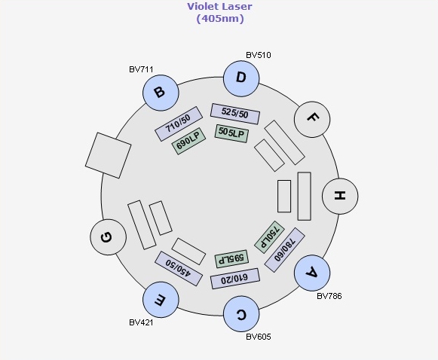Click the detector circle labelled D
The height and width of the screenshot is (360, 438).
[241, 78]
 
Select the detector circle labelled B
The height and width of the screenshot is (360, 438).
[161, 93]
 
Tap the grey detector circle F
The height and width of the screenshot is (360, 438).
[312, 119]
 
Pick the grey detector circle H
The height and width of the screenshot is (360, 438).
[340, 196]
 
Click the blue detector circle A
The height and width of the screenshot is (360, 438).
[312, 273]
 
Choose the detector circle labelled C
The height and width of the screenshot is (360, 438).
[241, 313]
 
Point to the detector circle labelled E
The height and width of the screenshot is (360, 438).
[161, 300]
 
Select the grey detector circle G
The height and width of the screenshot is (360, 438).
[108, 237]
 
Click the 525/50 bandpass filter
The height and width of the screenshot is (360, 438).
[235, 114]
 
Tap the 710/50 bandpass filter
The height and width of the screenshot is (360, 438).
[179, 124]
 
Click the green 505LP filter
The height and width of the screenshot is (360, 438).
[231, 133]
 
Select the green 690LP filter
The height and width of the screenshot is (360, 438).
[189, 142]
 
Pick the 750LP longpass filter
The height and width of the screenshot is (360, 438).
[270, 237]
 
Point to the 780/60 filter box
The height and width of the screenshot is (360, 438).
[284, 250]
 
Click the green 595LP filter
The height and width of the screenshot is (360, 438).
[231, 258]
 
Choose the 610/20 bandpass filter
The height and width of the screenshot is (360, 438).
[235, 279]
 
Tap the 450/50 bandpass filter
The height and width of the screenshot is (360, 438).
[179, 268]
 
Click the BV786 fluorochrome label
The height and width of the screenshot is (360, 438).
[329, 296]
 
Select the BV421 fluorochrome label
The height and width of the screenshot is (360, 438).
[141, 322]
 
